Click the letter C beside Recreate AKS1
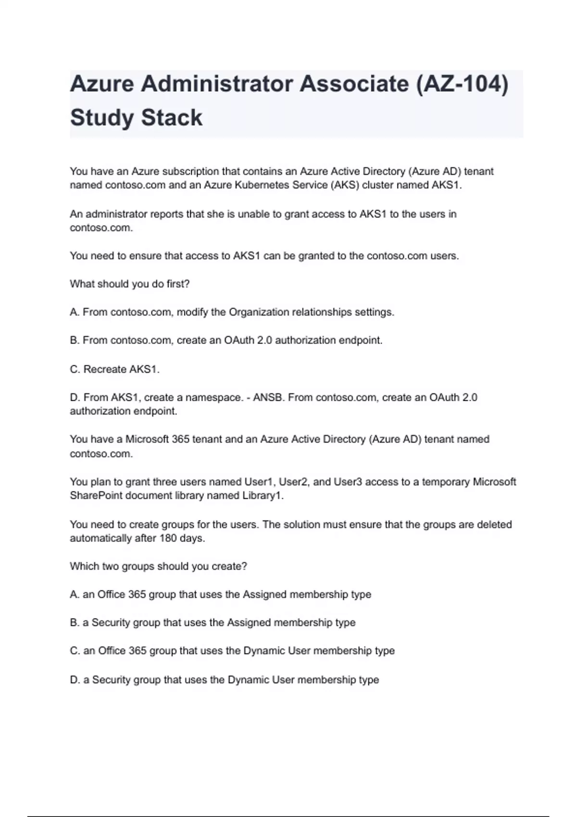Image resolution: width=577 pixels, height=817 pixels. click(x=74, y=370)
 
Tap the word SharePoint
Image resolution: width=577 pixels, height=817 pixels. click(x=96, y=496)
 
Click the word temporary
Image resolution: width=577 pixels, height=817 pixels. click(x=446, y=482)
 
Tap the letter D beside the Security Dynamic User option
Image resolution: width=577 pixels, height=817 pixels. click(x=74, y=680)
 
